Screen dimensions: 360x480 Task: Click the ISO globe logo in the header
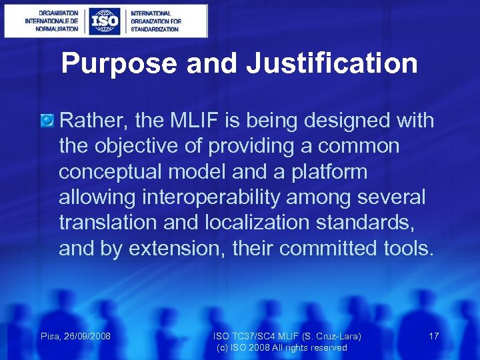click(105, 21)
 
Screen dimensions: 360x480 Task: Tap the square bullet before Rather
click(47, 121)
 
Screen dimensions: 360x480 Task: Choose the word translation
click(106, 223)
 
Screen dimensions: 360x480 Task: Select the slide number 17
click(433, 336)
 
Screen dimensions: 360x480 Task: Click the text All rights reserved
click(312, 347)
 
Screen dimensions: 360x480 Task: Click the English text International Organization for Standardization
click(155, 21)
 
